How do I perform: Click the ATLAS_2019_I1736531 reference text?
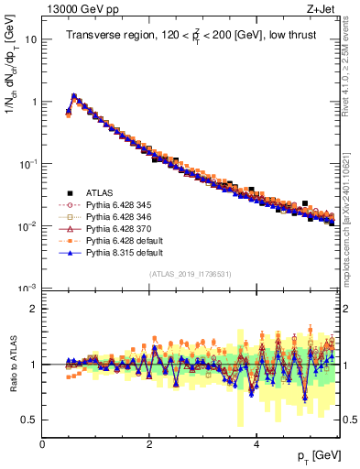pos(191,274)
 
